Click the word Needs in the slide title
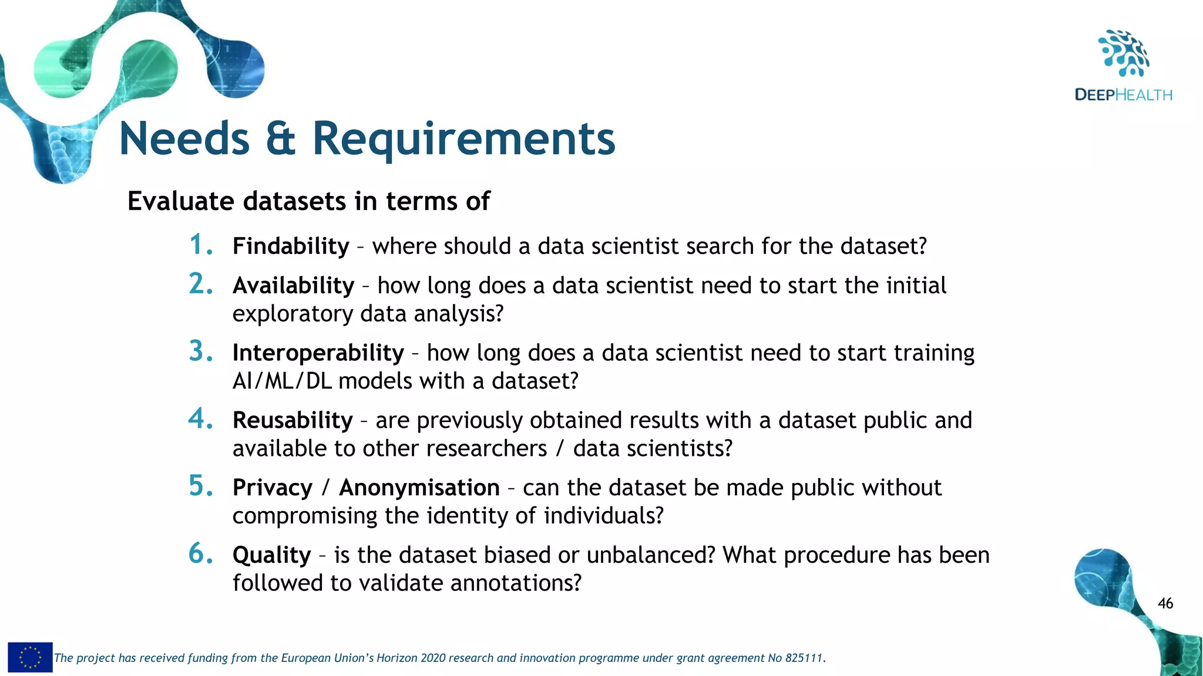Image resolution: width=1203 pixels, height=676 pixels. tap(184, 139)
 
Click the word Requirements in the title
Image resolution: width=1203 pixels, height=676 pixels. tap(463, 139)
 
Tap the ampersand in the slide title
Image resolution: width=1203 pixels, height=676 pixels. tap(280, 139)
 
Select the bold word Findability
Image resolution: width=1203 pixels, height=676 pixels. tap(291, 246)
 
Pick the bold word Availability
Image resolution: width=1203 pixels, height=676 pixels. tap(293, 286)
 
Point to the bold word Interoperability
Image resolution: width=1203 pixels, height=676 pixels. tap(318, 353)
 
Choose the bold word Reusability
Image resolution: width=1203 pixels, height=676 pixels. tap(293, 421)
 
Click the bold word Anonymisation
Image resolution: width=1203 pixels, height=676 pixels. tap(419, 488)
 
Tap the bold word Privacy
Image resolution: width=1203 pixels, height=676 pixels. tap(273, 488)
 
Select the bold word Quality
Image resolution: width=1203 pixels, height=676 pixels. tap(271, 556)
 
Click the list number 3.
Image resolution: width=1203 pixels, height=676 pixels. tap(200, 351)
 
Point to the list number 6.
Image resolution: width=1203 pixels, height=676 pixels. tap(200, 554)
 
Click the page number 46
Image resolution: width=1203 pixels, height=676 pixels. tap(1165, 603)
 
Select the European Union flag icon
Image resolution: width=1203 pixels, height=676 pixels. tap(30, 657)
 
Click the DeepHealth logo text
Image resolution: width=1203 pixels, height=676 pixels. tap(1123, 95)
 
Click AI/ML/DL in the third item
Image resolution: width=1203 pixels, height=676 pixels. tap(282, 381)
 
